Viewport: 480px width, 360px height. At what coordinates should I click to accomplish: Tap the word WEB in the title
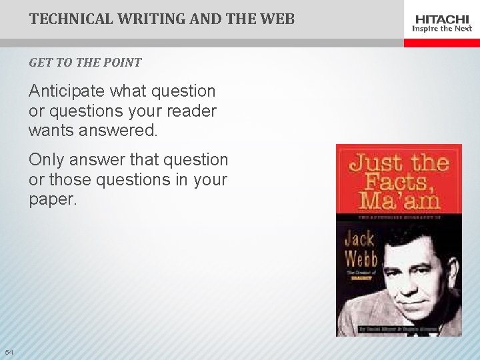(x=278, y=19)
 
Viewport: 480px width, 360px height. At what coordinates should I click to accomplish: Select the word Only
(x=46, y=160)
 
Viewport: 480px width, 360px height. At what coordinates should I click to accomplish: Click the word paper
(x=53, y=200)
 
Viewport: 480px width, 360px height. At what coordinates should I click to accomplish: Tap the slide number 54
(x=9, y=351)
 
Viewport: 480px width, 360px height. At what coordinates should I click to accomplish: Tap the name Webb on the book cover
(x=361, y=259)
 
